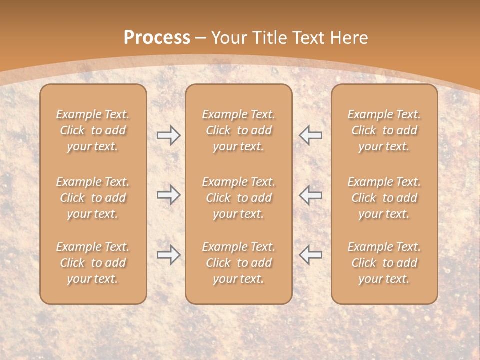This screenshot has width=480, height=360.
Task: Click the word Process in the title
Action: pos(157,38)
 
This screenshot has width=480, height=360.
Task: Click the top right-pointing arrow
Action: pos(168,135)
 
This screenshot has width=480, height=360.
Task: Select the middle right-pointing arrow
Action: pos(168,195)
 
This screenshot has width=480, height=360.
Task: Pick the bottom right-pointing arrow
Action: pos(168,255)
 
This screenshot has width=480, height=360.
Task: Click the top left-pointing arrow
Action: pos(311,135)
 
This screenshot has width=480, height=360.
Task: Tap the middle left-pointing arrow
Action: pos(311,195)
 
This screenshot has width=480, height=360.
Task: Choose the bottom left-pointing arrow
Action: pos(311,255)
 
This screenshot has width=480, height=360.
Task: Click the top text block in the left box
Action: pos(93,130)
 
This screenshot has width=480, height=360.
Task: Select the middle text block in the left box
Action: pos(93,198)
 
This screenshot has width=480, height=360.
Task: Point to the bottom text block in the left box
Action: pos(93,263)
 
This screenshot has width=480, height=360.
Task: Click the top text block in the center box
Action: pos(239,130)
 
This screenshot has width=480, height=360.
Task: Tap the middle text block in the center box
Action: pos(239,198)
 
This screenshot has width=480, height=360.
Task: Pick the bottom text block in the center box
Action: pos(239,263)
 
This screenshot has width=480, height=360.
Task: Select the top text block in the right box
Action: pos(384,130)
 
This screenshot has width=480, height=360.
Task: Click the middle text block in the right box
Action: pos(384,198)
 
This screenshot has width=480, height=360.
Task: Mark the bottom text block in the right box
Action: pos(384,263)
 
